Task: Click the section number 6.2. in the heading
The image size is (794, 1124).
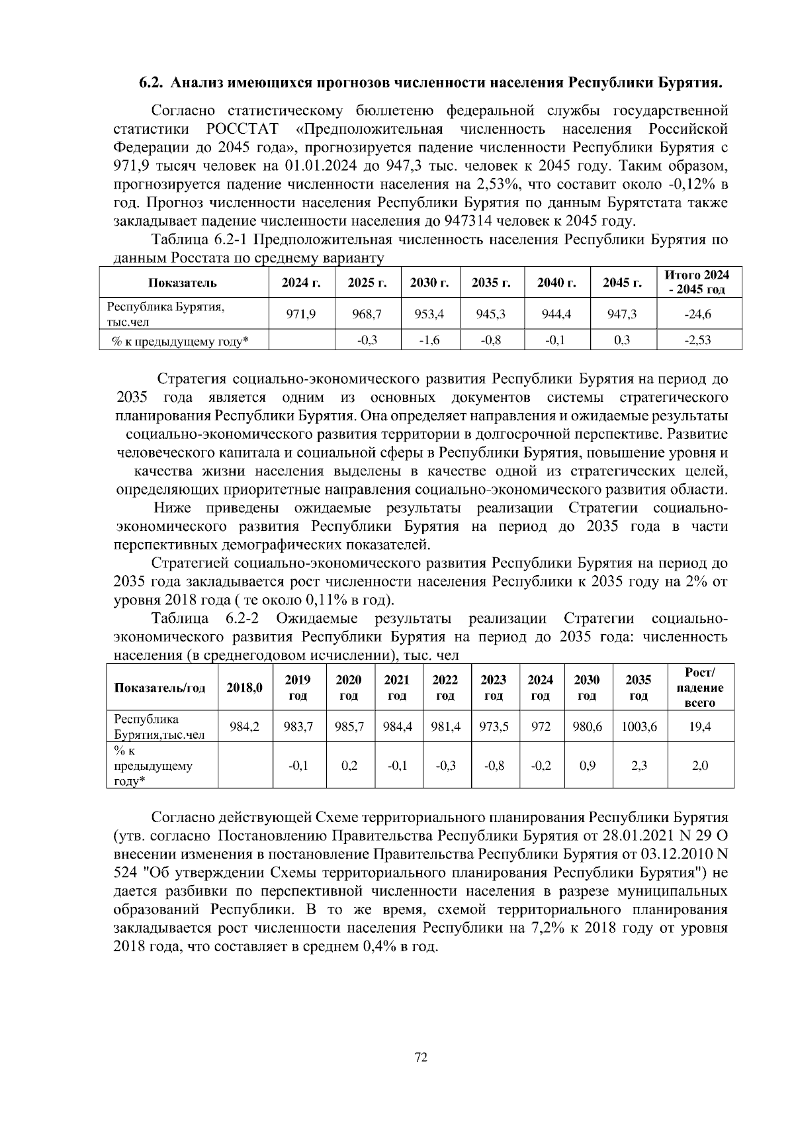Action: click(x=152, y=83)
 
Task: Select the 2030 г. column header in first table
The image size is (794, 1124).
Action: click(x=429, y=283)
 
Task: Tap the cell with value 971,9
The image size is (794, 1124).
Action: click(x=300, y=314)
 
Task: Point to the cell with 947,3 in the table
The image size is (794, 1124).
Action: click(x=622, y=314)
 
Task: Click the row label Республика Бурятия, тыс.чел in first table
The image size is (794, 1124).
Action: click(x=167, y=314)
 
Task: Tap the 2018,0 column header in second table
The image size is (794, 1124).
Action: click(x=244, y=687)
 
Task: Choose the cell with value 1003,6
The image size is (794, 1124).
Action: click(x=639, y=726)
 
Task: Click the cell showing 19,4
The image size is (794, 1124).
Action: click(x=700, y=726)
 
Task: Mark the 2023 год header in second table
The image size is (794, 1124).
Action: click(x=494, y=687)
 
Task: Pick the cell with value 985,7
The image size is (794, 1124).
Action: click(x=349, y=726)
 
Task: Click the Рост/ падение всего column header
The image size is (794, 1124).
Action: click(x=700, y=687)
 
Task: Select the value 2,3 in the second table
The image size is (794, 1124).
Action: click(x=639, y=765)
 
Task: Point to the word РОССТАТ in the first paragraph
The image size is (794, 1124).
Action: click(x=243, y=128)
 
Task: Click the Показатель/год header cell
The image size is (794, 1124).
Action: click(x=161, y=687)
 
